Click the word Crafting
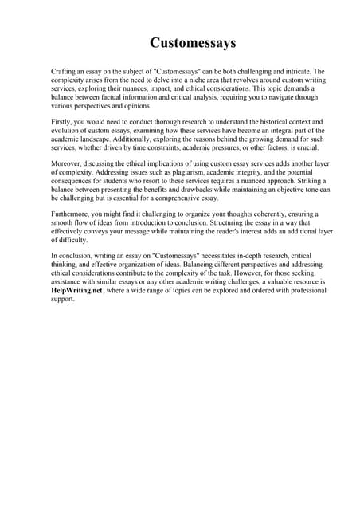pos(63,72)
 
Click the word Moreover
pos(67,163)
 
